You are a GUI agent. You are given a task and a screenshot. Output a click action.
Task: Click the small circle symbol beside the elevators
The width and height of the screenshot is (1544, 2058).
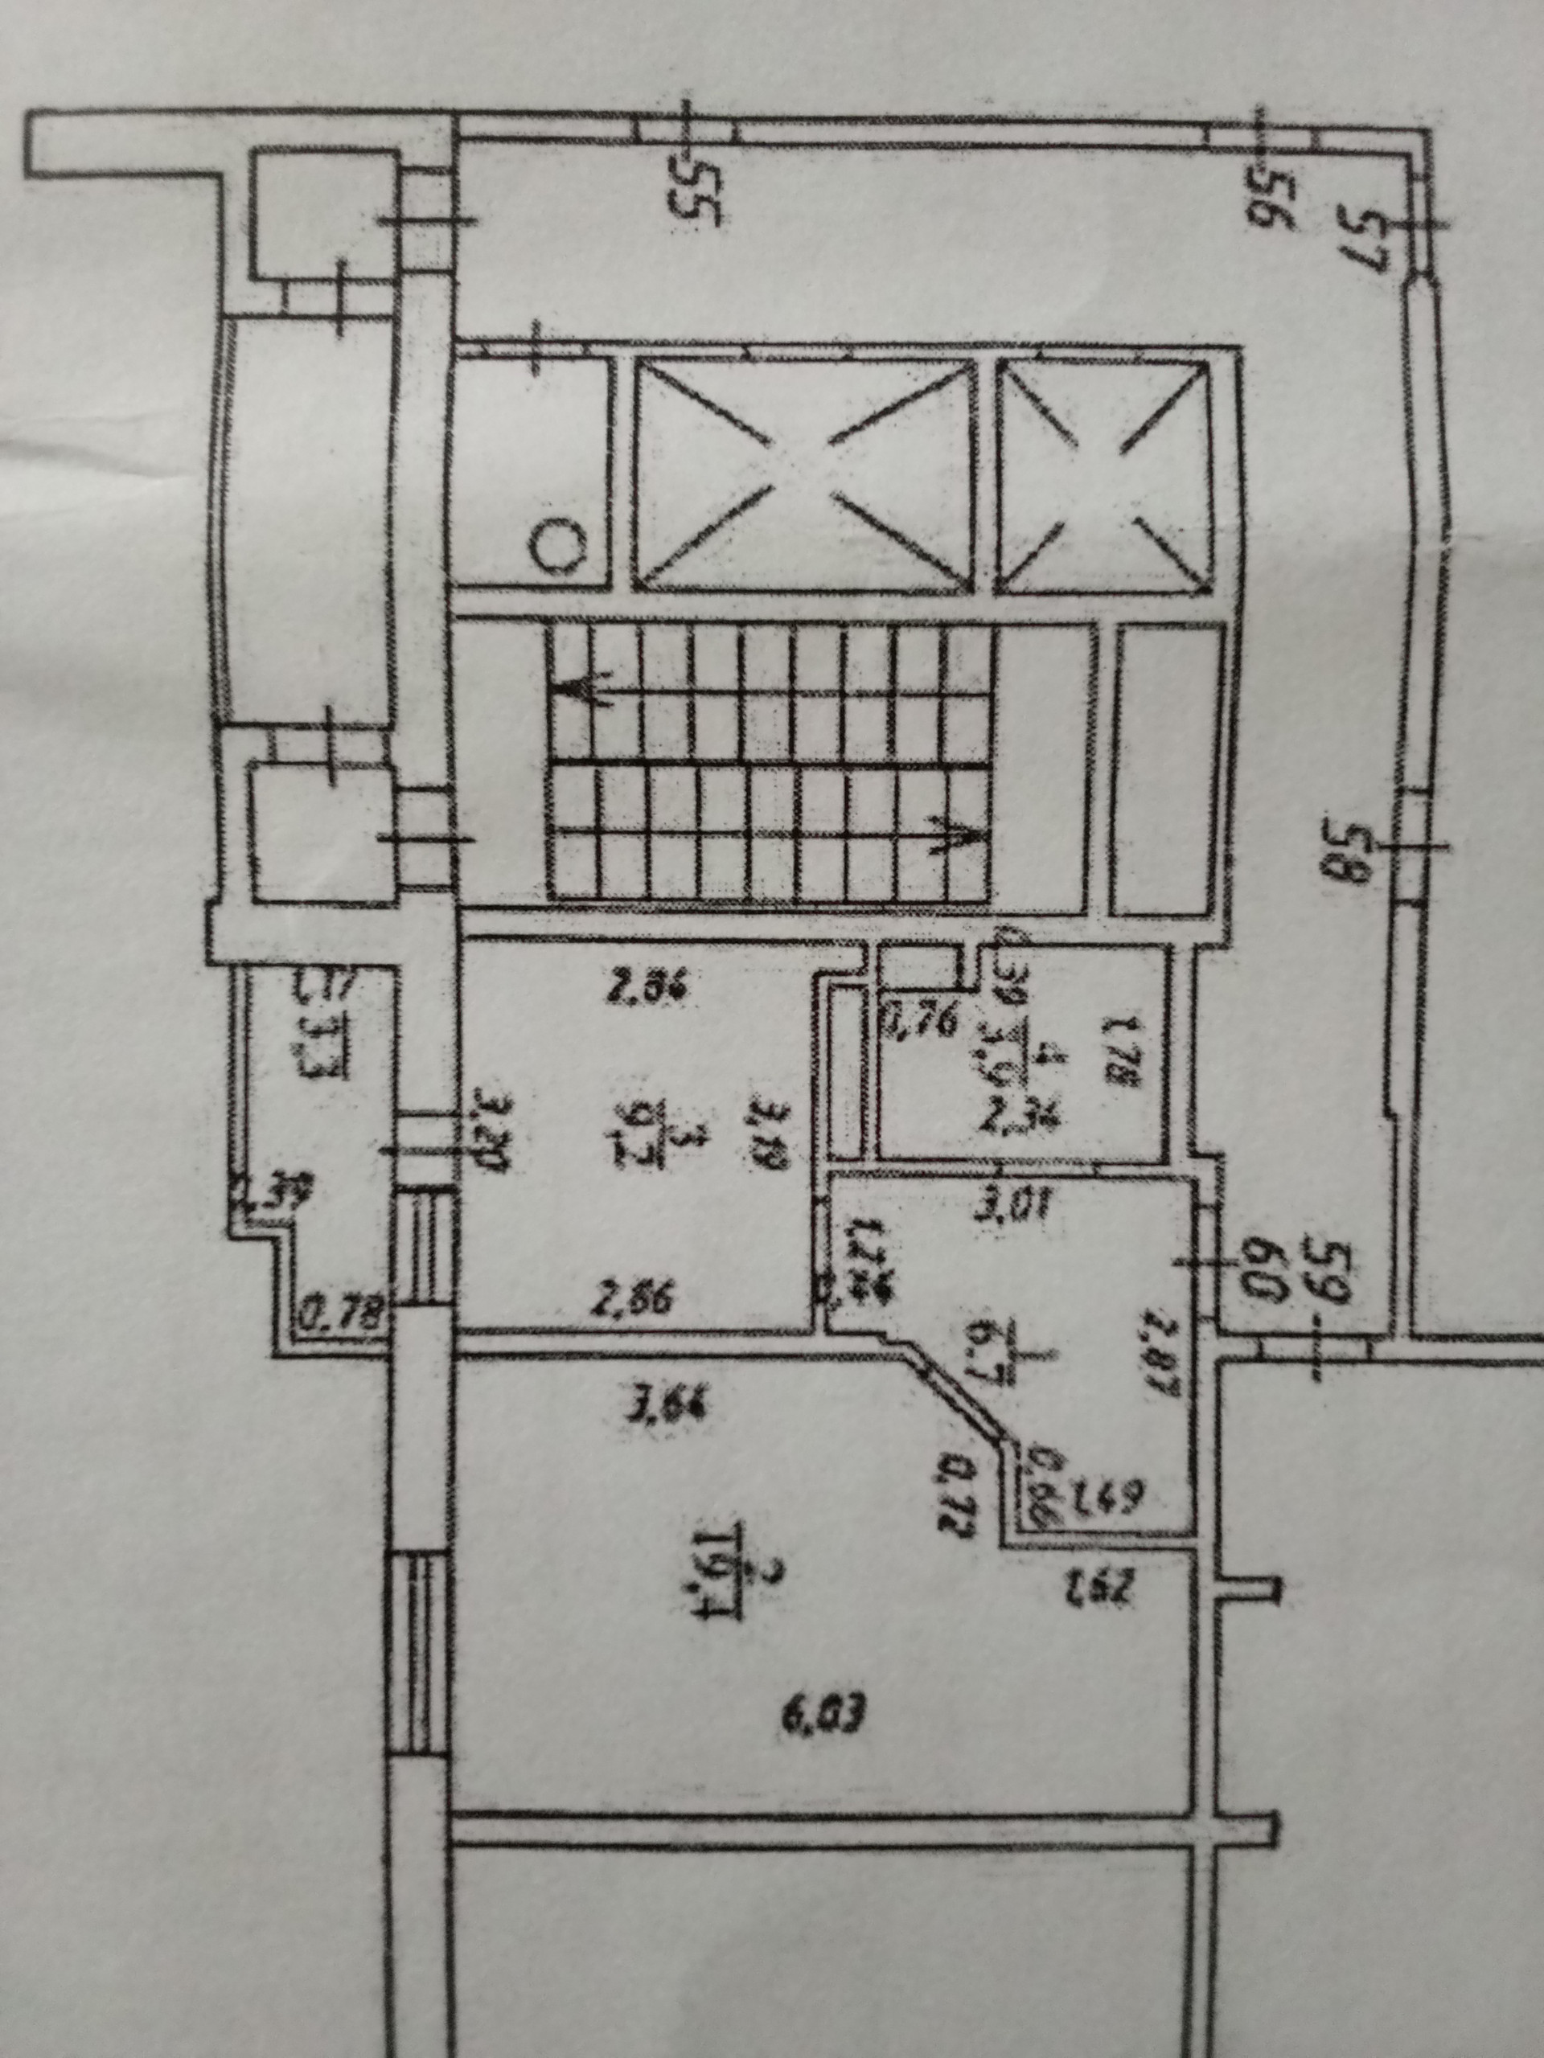(x=556, y=545)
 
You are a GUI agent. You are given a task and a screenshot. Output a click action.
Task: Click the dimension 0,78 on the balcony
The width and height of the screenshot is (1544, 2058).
(x=332, y=1315)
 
